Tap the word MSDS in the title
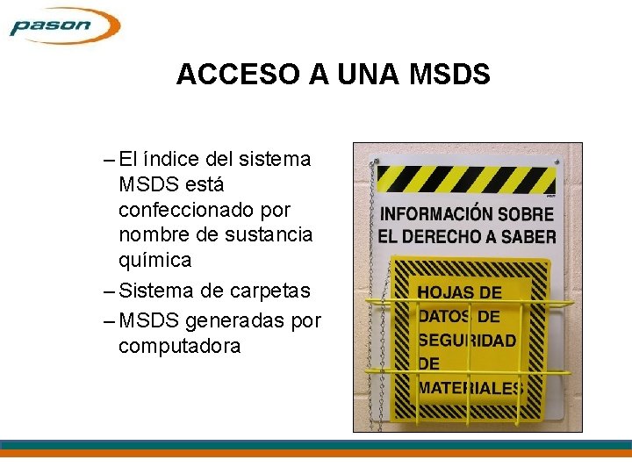[449, 75]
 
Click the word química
[154, 261]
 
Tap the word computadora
[179, 346]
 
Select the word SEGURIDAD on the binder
[467, 340]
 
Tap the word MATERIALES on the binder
[470, 387]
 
